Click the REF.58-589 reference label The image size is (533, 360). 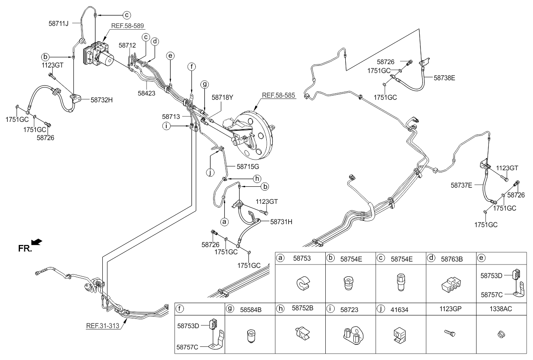coord(127,25)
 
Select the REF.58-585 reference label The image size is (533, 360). coord(279,96)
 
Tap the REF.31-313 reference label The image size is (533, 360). coord(102,326)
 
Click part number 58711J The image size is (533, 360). coord(59,23)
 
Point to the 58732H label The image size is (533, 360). coord(102,100)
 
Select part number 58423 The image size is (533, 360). coord(147,93)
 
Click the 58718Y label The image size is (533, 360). coord(223,98)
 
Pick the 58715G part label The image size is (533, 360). coord(248,167)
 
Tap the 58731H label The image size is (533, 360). coord(281,222)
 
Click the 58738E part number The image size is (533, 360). coord(444,78)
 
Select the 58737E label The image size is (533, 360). coord(461,185)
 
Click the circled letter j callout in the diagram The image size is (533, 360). coord(210,173)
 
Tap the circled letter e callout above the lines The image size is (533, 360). coord(170,56)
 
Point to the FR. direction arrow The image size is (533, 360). coord(37,242)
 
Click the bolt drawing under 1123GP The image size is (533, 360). coord(450,333)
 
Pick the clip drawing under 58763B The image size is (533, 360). coord(451,284)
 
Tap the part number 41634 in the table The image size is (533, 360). coord(399,310)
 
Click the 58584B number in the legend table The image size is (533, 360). coord(251,310)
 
